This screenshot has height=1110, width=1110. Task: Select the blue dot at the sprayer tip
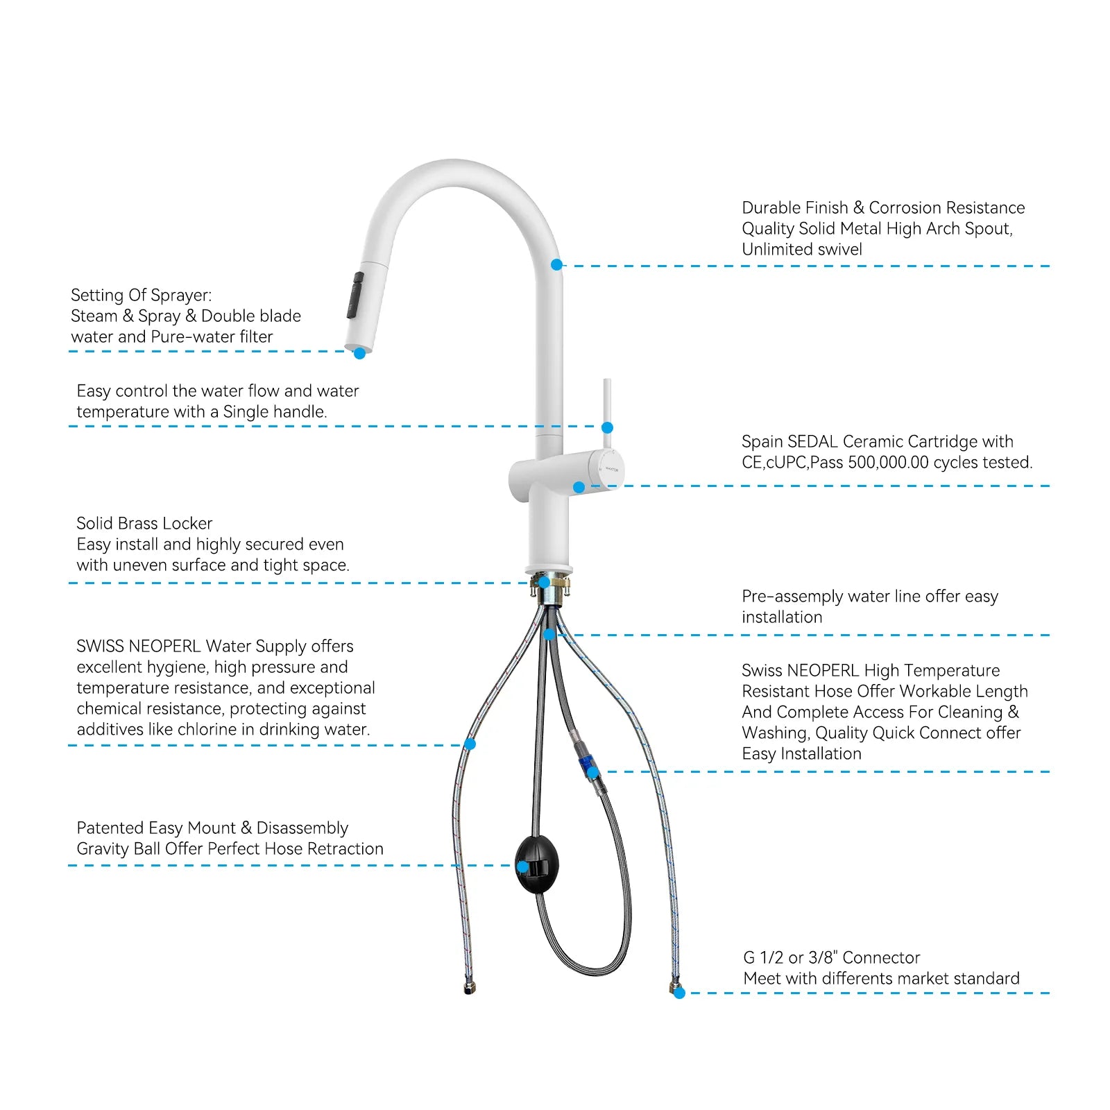pyautogui.click(x=359, y=353)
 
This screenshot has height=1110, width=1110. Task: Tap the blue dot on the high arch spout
pyautogui.click(x=556, y=265)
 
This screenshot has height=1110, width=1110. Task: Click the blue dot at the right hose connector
pyautogui.click(x=679, y=993)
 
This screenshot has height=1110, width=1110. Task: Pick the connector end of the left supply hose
pyautogui.click(x=470, y=989)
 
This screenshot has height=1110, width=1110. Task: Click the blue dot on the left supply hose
pyautogui.click(x=470, y=744)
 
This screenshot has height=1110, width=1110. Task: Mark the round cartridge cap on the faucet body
pyautogui.click(x=608, y=469)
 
